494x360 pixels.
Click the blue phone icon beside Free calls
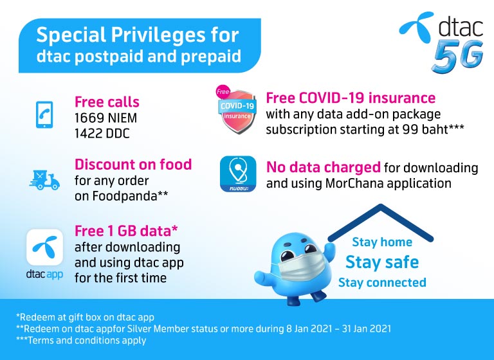pyautogui.click(x=44, y=114)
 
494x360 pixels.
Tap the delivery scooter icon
pyautogui.click(x=44, y=180)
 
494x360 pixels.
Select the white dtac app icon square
pyautogui.click(x=44, y=248)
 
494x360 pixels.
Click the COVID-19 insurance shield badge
pyautogui.click(x=237, y=109)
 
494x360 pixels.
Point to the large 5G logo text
pyautogui.click(x=458, y=57)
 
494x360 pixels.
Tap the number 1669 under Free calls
pyautogui.click(x=89, y=118)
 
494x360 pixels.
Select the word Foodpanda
pyautogui.click(x=124, y=196)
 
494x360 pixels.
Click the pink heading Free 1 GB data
pyautogui.click(x=126, y=231)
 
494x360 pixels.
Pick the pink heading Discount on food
pyautogui.click(x=133, y=165)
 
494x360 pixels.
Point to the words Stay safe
pyautogui.click(x=382, y=262)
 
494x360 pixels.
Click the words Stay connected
pyautogui.click(x=382, y=282)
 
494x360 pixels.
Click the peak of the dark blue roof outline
pyautogui.click(x=381, y=206)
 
